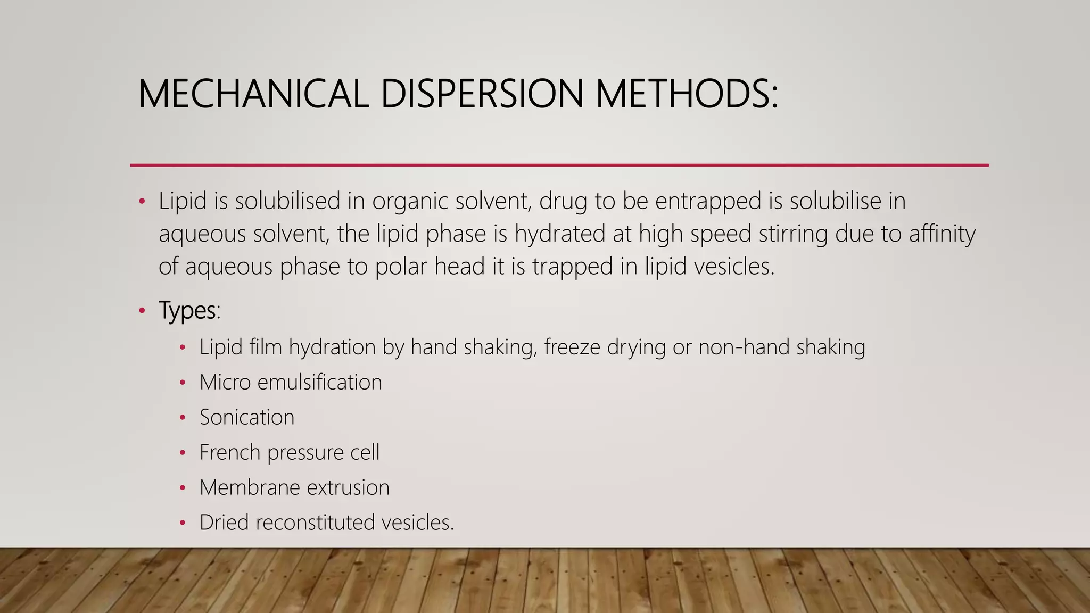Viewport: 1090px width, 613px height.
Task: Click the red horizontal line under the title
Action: (x=559, y=165)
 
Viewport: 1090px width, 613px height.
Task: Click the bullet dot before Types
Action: (x=142, y=311)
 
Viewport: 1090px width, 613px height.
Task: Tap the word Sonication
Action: (x=247, y=417)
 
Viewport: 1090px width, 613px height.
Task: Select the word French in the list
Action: (x=230, y=452)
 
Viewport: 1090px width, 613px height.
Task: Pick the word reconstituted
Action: (x=315, y=523)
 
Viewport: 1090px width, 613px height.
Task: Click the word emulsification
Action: (x=319, y=382)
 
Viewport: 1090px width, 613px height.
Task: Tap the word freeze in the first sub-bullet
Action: (x=572, y=347)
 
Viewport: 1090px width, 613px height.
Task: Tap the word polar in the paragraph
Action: (x=401, y=266)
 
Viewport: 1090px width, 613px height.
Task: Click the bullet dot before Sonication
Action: (x=183, y=418)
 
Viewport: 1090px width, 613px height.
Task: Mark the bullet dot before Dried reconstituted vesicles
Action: (x=183, y=523)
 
